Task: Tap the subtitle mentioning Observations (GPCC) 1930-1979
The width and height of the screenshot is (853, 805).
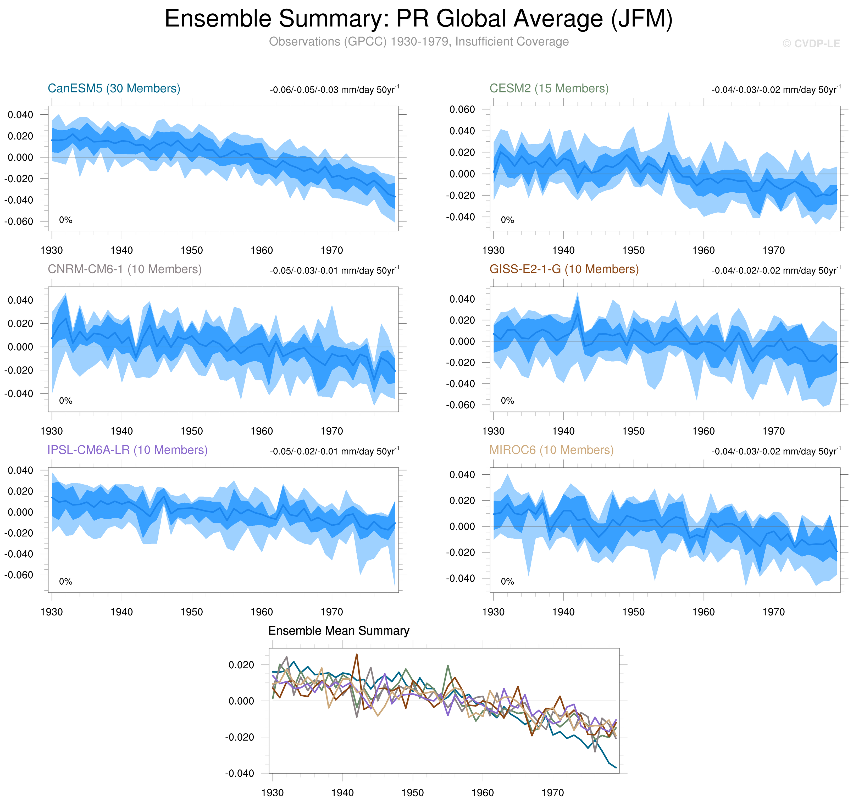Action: point(418,42)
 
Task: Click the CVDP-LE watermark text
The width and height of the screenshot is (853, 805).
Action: point(811,44)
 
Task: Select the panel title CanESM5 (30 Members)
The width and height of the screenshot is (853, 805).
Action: point(114,88)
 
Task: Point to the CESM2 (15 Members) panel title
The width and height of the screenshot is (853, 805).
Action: point(549,88)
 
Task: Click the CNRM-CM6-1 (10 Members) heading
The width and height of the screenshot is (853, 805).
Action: point(124,269)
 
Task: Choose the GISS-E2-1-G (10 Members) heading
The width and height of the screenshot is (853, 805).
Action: point(564,269)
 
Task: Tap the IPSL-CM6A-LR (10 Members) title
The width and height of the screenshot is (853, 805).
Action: point(128,450)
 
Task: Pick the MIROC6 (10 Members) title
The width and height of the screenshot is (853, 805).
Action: point(551,450)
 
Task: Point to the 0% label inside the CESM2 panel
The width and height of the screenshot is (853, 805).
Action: point(507,220)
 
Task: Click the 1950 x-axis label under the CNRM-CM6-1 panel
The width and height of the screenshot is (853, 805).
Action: point(192,431)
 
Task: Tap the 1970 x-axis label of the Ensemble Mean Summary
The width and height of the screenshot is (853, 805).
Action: point(553,792)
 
